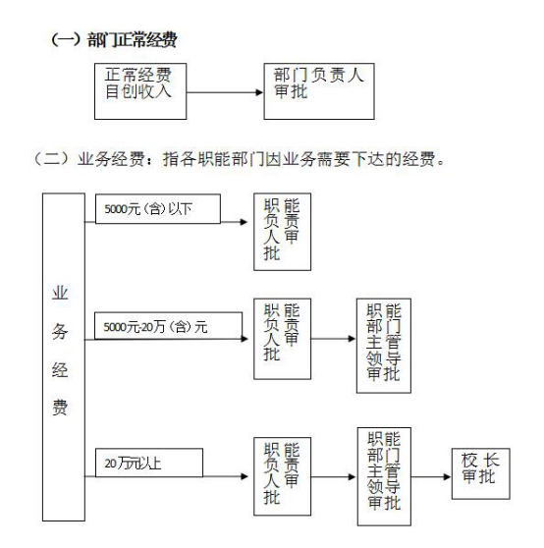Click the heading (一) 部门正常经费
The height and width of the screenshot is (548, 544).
tap(114, 39)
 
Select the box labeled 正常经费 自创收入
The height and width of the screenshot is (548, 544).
tap(140, 91)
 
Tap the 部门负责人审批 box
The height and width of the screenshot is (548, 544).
tap(319, 91)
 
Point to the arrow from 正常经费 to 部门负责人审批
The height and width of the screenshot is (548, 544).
tap(225, 92)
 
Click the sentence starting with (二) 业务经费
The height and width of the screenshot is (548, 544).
tap(240, 159)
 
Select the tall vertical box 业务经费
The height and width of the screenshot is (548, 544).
tap(64, 356)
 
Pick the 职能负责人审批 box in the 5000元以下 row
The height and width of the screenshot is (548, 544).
tap(282, 232)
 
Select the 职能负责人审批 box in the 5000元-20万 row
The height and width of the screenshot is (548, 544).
tap(282, 339)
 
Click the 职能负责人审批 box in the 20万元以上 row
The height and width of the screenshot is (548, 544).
tap(282, 476)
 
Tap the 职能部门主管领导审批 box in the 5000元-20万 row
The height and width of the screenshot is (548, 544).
tap(384, 346)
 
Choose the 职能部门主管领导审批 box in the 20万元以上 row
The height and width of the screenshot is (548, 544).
tap(384, 476)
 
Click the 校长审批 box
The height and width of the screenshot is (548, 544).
tap(481, 473)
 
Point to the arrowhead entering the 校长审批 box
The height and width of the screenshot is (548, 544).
tap(447, 476)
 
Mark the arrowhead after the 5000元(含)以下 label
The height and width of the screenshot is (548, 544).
tap(244, 222)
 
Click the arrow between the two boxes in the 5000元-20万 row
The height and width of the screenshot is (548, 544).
tap(333, 339)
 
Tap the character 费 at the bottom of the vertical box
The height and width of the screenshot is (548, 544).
tap(60, 408)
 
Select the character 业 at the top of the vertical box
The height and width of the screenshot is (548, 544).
tap(60, 293)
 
